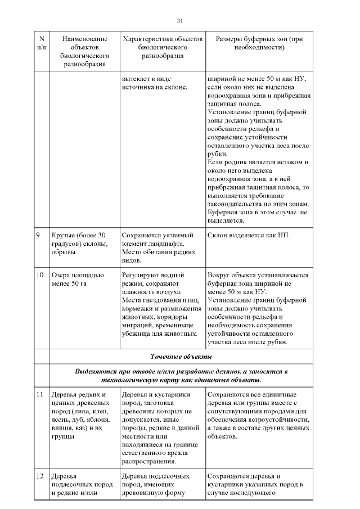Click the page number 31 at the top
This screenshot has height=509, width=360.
pos(179,21)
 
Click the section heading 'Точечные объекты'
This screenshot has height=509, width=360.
pos(181,357)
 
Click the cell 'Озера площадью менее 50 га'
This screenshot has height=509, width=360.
pos(78,280)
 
